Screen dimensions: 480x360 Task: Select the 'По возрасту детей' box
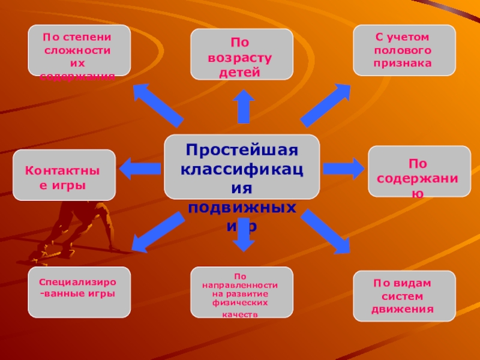click(242, 54)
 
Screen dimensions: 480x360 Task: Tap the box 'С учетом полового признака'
click(404, 50)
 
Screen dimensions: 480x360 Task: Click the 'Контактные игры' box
click(64, 175)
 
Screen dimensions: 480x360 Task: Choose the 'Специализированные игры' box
click(80, 292)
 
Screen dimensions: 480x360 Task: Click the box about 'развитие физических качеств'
click(242, 292)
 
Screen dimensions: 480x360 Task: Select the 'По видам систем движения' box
click(404, 296)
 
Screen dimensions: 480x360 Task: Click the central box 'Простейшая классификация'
click(242, 167)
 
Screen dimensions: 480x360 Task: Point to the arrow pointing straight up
click(243, 107)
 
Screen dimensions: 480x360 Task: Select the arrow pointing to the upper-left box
click(157, 104)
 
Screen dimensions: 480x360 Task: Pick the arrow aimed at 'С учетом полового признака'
click(326, 105)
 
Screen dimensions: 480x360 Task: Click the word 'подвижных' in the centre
click(242, 208)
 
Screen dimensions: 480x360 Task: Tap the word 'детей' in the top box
click(242, 73)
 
